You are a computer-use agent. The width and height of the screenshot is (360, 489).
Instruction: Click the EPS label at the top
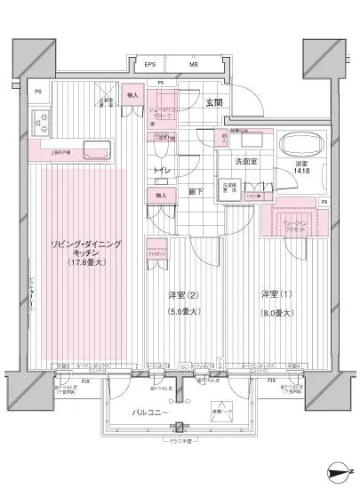point(150,65)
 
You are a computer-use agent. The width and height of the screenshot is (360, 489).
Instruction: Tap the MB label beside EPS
point(193,65)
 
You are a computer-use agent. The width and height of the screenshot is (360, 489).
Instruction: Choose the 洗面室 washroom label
point(246,162)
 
